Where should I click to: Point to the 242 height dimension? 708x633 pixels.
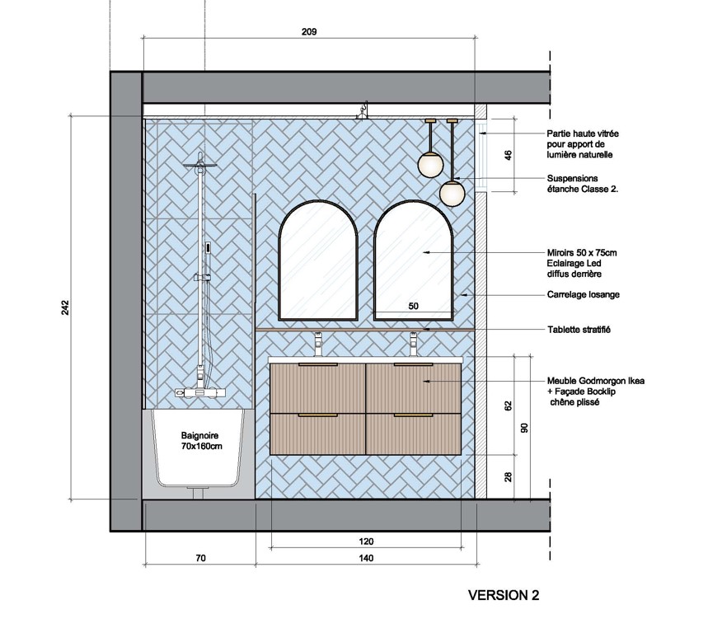(x=65, y=307)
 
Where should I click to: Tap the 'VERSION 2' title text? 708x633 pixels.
(x=504, y=594)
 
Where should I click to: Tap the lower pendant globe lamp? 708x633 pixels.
(x=452, y=193)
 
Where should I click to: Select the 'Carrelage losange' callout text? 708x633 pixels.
(x=583, y=294)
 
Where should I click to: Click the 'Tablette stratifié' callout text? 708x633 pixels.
(x=579, y=330)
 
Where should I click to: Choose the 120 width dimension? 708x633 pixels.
(x=367, y=542)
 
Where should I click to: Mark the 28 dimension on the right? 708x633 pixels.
(x=509, y=476)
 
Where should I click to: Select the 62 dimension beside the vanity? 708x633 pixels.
(x=509, y=405)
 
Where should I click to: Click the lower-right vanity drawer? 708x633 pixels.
(x=414, y=434)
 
